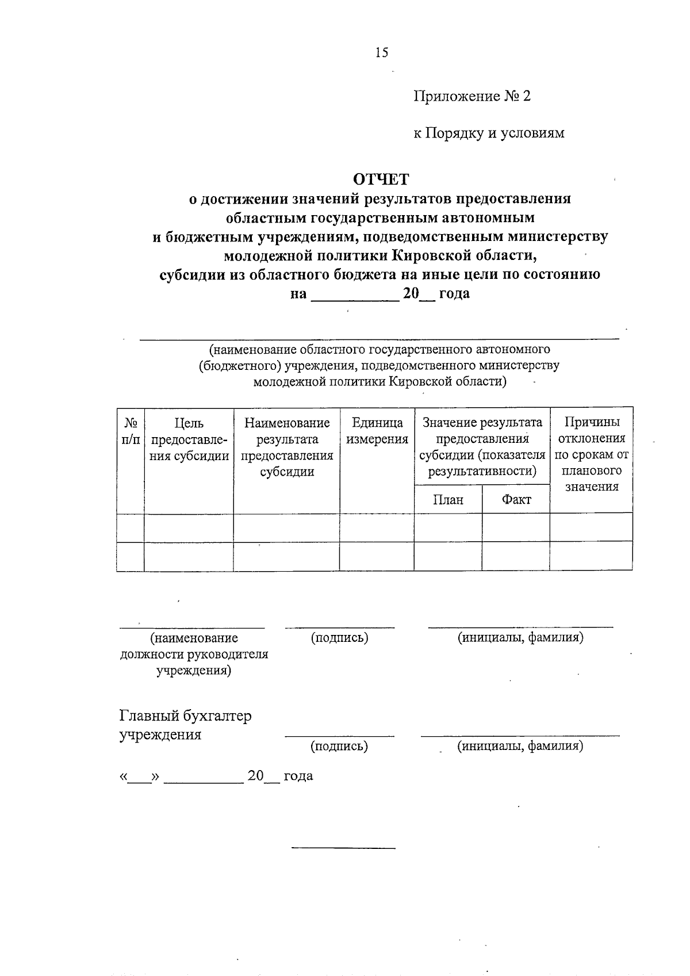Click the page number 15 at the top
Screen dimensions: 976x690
(x=382, y=53)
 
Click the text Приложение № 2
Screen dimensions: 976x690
(x=472, y=96)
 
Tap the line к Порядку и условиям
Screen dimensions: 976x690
(x=489, y=133)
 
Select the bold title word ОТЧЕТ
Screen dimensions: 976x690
(x=381, y=179)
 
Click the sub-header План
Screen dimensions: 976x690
(x=448, y=500)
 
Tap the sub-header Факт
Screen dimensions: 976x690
(x=516, y=500)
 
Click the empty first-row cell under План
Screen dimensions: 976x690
(x=448, y=527)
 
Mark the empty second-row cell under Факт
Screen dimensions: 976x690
(x=516, y=556)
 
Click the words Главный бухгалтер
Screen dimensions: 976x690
(x=185, y=716)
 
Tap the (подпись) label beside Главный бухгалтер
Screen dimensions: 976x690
(x=339, y=747)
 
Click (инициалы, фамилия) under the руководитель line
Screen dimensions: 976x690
(x=520, y=637)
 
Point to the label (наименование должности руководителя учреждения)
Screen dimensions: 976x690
(x=194, y=655)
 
